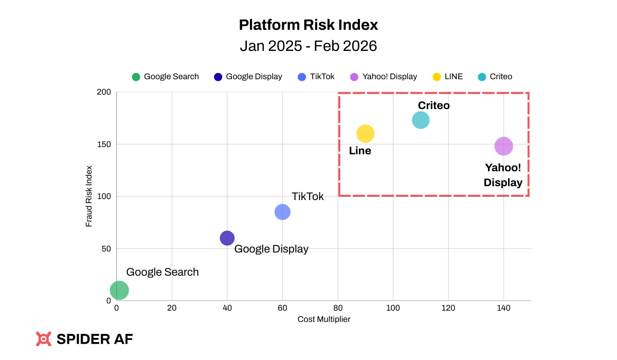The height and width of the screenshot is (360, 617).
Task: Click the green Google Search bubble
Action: pyautogui.click(x=119, y=290)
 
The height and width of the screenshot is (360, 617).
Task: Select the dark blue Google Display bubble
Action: pyautogui.click(x=227, y=238)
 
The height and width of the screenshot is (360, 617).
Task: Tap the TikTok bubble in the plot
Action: pyautogui.click(x=282, y=212)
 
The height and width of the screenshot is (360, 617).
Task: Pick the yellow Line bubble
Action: pyautogui.click(x=365, y=134)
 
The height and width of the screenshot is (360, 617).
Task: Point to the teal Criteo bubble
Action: pyautogui.click(x=421, y=120)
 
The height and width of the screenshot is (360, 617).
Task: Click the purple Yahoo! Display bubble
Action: pyautogui.click(x=504, y=147)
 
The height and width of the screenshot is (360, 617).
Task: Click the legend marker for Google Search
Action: pyautogui.click(x=136, y=77)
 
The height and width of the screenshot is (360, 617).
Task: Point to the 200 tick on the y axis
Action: pyautogui.click(x=104, y=92)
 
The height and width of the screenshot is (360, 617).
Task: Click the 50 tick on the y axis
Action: pyautogui.click(x=106, y=249)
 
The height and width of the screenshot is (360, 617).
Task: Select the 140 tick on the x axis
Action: pyautogui.click(x=504, y=308)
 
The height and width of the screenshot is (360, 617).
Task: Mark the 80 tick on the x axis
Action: pyautogui.click(x=338, y=308)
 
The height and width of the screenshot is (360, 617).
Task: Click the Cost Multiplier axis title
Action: pyautogui.click(x=324, y=319)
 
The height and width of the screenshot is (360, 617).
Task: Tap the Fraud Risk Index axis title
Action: pyautogui.click(x=89, y=196)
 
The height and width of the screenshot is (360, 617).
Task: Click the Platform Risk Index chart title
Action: pyautogui.click(x=308, y=25)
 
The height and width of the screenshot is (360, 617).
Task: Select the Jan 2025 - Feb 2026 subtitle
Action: pyautogui.click(x=308, y=46)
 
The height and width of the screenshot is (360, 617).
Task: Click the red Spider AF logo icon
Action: pyautogui.click(x=44, y=339)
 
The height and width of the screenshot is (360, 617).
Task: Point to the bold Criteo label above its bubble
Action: pyautogui.click(x=433, y=105)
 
